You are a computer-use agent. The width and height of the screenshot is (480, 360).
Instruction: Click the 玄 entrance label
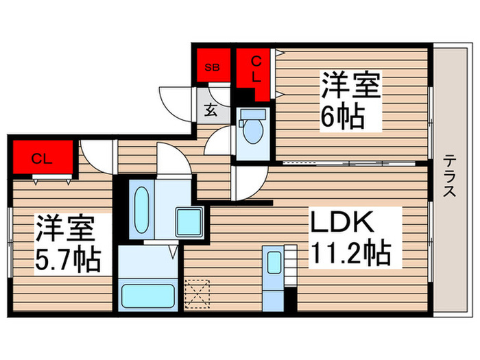[211, 110]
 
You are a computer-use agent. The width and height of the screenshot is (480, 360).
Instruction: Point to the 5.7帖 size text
[68, 259]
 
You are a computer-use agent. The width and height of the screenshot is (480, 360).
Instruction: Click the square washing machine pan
[187, 221]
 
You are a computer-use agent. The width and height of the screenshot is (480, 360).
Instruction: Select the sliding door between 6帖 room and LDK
[351, 163]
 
